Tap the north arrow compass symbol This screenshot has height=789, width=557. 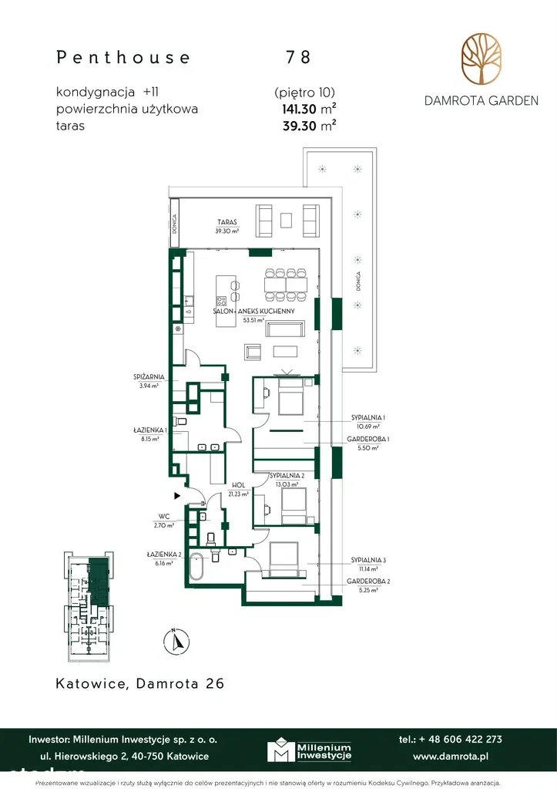(176, 641)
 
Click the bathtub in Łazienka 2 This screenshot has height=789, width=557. (197, 567)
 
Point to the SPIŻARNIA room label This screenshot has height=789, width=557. (146, 378)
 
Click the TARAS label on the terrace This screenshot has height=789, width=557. (226, 221)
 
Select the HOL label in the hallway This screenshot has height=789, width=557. (237, 485)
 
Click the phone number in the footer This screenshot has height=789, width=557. (451, 739)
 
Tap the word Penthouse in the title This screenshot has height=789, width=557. (123, 57)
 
